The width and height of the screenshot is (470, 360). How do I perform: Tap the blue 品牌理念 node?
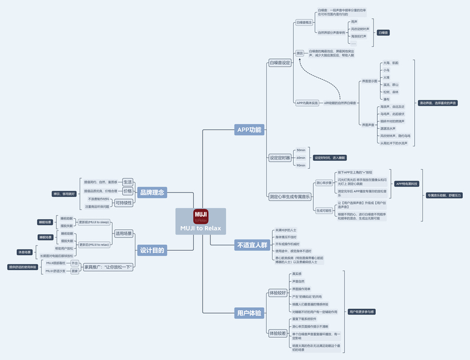click(x=152, y=193)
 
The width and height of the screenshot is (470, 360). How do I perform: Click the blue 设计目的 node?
click(x=152, y=250)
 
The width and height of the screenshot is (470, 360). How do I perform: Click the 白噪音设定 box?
click(x=279, y=62)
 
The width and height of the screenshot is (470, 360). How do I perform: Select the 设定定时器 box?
click(x=279, y=158)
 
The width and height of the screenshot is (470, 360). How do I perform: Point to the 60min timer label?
click(x=301, y=158)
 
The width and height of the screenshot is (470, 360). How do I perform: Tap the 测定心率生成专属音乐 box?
click(x=290, y=196)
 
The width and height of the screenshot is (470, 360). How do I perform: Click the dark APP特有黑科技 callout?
click(x=406, y=184)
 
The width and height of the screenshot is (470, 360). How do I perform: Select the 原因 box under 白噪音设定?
click(x=300, y=53)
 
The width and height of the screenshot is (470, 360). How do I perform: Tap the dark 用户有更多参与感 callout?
click(x=361, y=312)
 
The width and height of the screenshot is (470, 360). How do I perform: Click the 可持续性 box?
click(x=124, y=203)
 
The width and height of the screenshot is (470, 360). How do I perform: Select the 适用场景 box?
click(x=123, y=233)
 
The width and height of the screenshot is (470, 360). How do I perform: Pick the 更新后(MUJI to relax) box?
click(x=94, y=245)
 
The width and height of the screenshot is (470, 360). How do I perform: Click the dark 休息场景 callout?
click(x=25, y=252)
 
